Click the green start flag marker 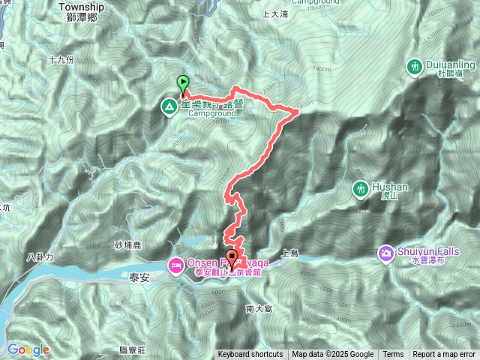tap(182, 84)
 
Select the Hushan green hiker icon tap(361, 187)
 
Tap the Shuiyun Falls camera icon tap(386, 253)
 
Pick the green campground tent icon tap(169, 108)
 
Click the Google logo tap(28, 349)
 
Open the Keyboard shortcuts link tap(250, 355)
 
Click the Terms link tap(393, 355)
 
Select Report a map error tap(444, 355)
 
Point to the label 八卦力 tap(40, 257)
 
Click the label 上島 tap(289, 255)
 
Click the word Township tap(79, 6)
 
